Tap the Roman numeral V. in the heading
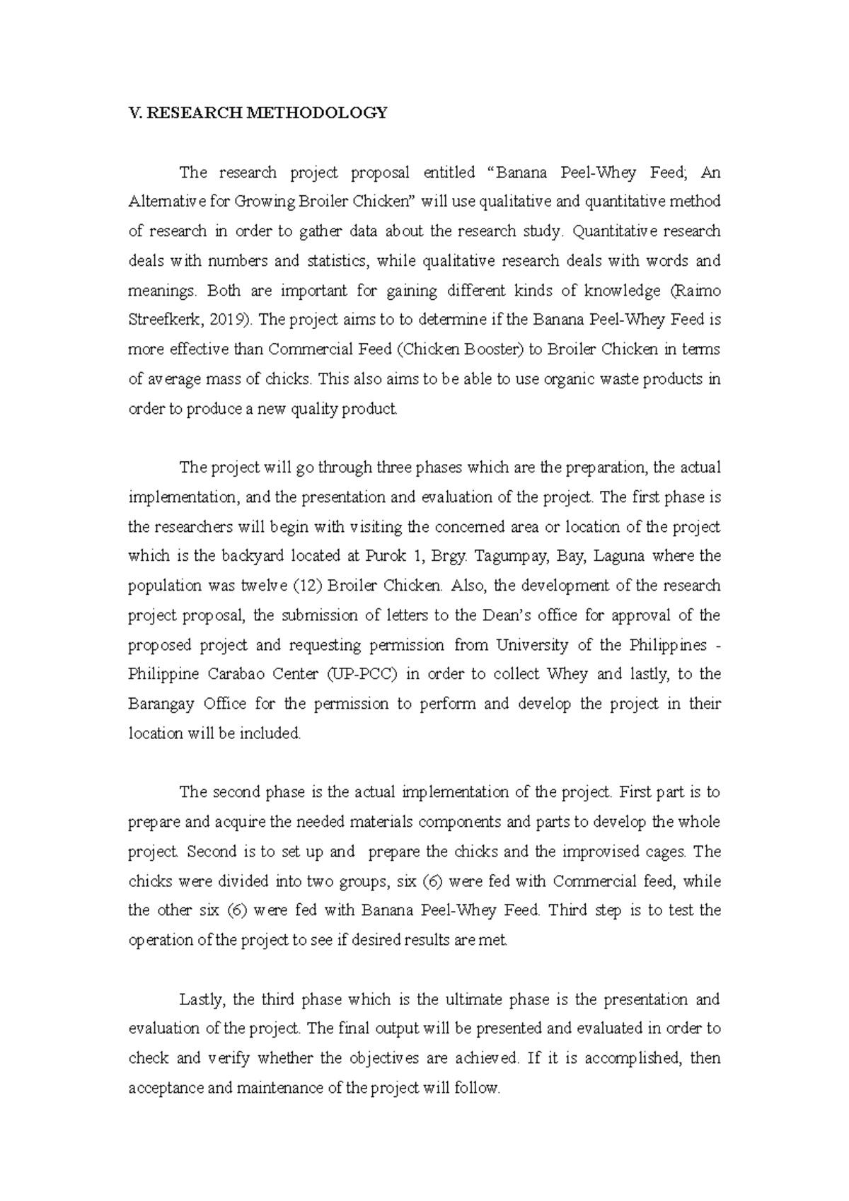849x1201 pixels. click(x=134, y=113)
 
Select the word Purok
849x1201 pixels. click(x=386, y=556)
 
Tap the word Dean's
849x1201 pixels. click(x=507, y=615)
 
